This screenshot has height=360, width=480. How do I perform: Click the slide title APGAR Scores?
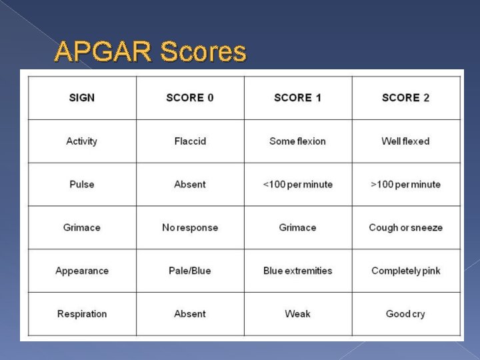(x=150, y=51)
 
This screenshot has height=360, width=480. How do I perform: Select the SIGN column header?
(x=82, y=98)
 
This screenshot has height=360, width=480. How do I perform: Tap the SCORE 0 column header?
(x=190, y=98)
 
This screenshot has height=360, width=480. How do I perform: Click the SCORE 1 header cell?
(x=297, y=98)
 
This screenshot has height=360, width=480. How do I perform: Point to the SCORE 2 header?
(x=405, y=98)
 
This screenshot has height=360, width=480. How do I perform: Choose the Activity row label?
(x=82, y=141)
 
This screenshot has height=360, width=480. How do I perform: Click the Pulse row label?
(x=82, y=185)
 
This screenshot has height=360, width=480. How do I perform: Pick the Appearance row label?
(x=82, y=271)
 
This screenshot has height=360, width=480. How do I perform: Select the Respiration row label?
(x=82, y=314)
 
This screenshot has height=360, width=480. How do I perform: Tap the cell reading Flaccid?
(x=190, y=141)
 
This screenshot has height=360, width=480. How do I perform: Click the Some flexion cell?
(x=297, y=141)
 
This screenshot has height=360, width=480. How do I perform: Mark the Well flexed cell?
(x=405, y=141)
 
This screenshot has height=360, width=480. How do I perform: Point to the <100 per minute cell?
(x=297, y=185)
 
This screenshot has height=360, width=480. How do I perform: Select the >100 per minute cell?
(x=405, y=185)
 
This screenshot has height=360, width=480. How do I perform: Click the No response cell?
(x=190, y=228)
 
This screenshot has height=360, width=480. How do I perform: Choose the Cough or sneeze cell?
(x=405, y=228)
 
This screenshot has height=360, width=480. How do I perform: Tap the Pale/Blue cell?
(x=190, y=271)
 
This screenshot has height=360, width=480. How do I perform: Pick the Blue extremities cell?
(x=297, y=271)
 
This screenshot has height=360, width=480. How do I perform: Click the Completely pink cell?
(x=405, y=271)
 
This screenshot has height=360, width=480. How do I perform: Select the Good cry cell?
(x=405, y=314)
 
